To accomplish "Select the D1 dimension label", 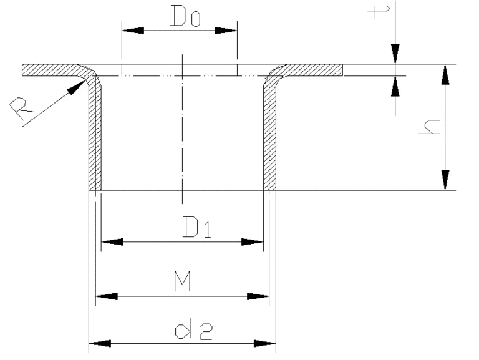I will tap(196, 229).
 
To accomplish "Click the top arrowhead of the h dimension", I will tap(445, 74).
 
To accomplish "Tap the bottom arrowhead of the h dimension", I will tap(445, 180).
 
